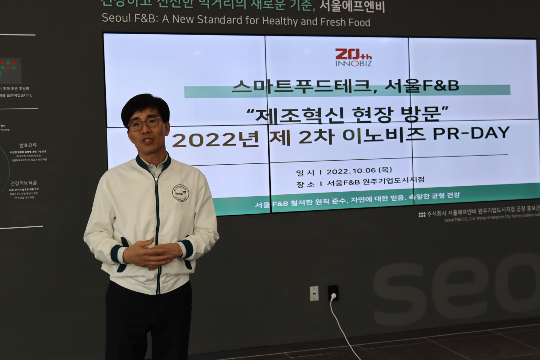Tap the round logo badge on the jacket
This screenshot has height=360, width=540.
(x=180, y=193)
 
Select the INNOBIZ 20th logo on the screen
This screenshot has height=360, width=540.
(x=353, y=58)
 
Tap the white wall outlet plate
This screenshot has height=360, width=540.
(x=314, y=293)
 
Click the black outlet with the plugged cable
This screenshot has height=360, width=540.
(x=333, y=293)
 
